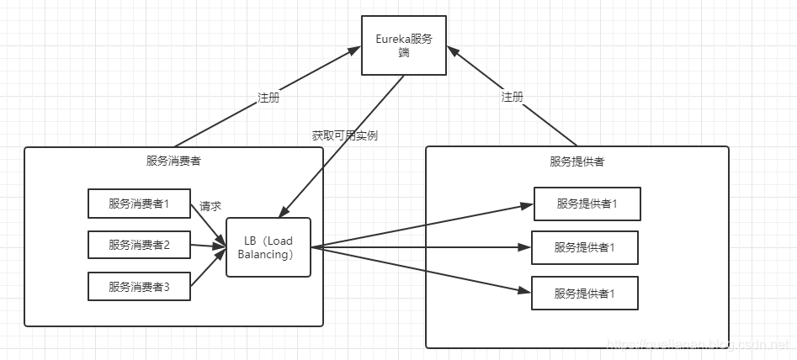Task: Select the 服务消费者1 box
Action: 139,204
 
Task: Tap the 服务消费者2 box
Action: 139,245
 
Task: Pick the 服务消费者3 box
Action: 139,287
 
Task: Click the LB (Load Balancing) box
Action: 268,247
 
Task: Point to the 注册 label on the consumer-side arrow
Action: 268,98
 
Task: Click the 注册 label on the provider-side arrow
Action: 512,97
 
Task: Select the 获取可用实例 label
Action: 344,135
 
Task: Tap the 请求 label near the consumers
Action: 210,206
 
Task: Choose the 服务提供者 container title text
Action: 576,161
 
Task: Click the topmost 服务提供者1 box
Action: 587,204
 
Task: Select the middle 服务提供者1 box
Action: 584,247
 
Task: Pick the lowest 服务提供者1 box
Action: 584,293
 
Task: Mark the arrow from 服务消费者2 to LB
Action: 208,246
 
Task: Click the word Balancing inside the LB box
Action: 265,255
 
